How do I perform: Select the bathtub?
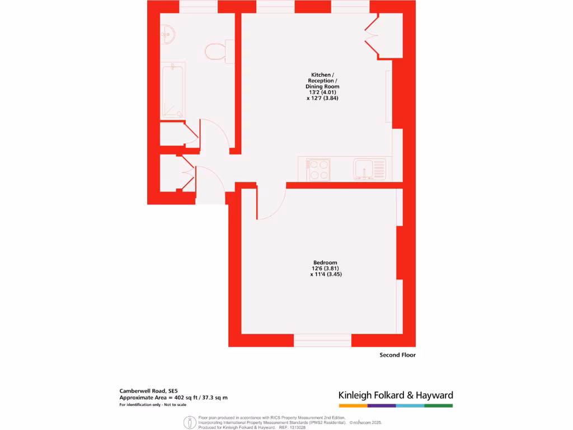point(173,91)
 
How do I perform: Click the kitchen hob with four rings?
point(319,170)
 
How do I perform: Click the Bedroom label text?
point(325,263)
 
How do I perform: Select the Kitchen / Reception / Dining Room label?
point(322,81)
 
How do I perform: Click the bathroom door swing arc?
point(215,134)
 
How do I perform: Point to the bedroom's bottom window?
point(322,340)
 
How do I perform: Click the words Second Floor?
point(397,355)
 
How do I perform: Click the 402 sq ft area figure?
point(189,398)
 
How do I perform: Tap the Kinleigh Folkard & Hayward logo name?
point(396,395)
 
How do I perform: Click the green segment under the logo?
point(439,405)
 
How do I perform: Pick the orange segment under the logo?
point(353,405)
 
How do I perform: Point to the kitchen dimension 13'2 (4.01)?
point(322,92)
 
